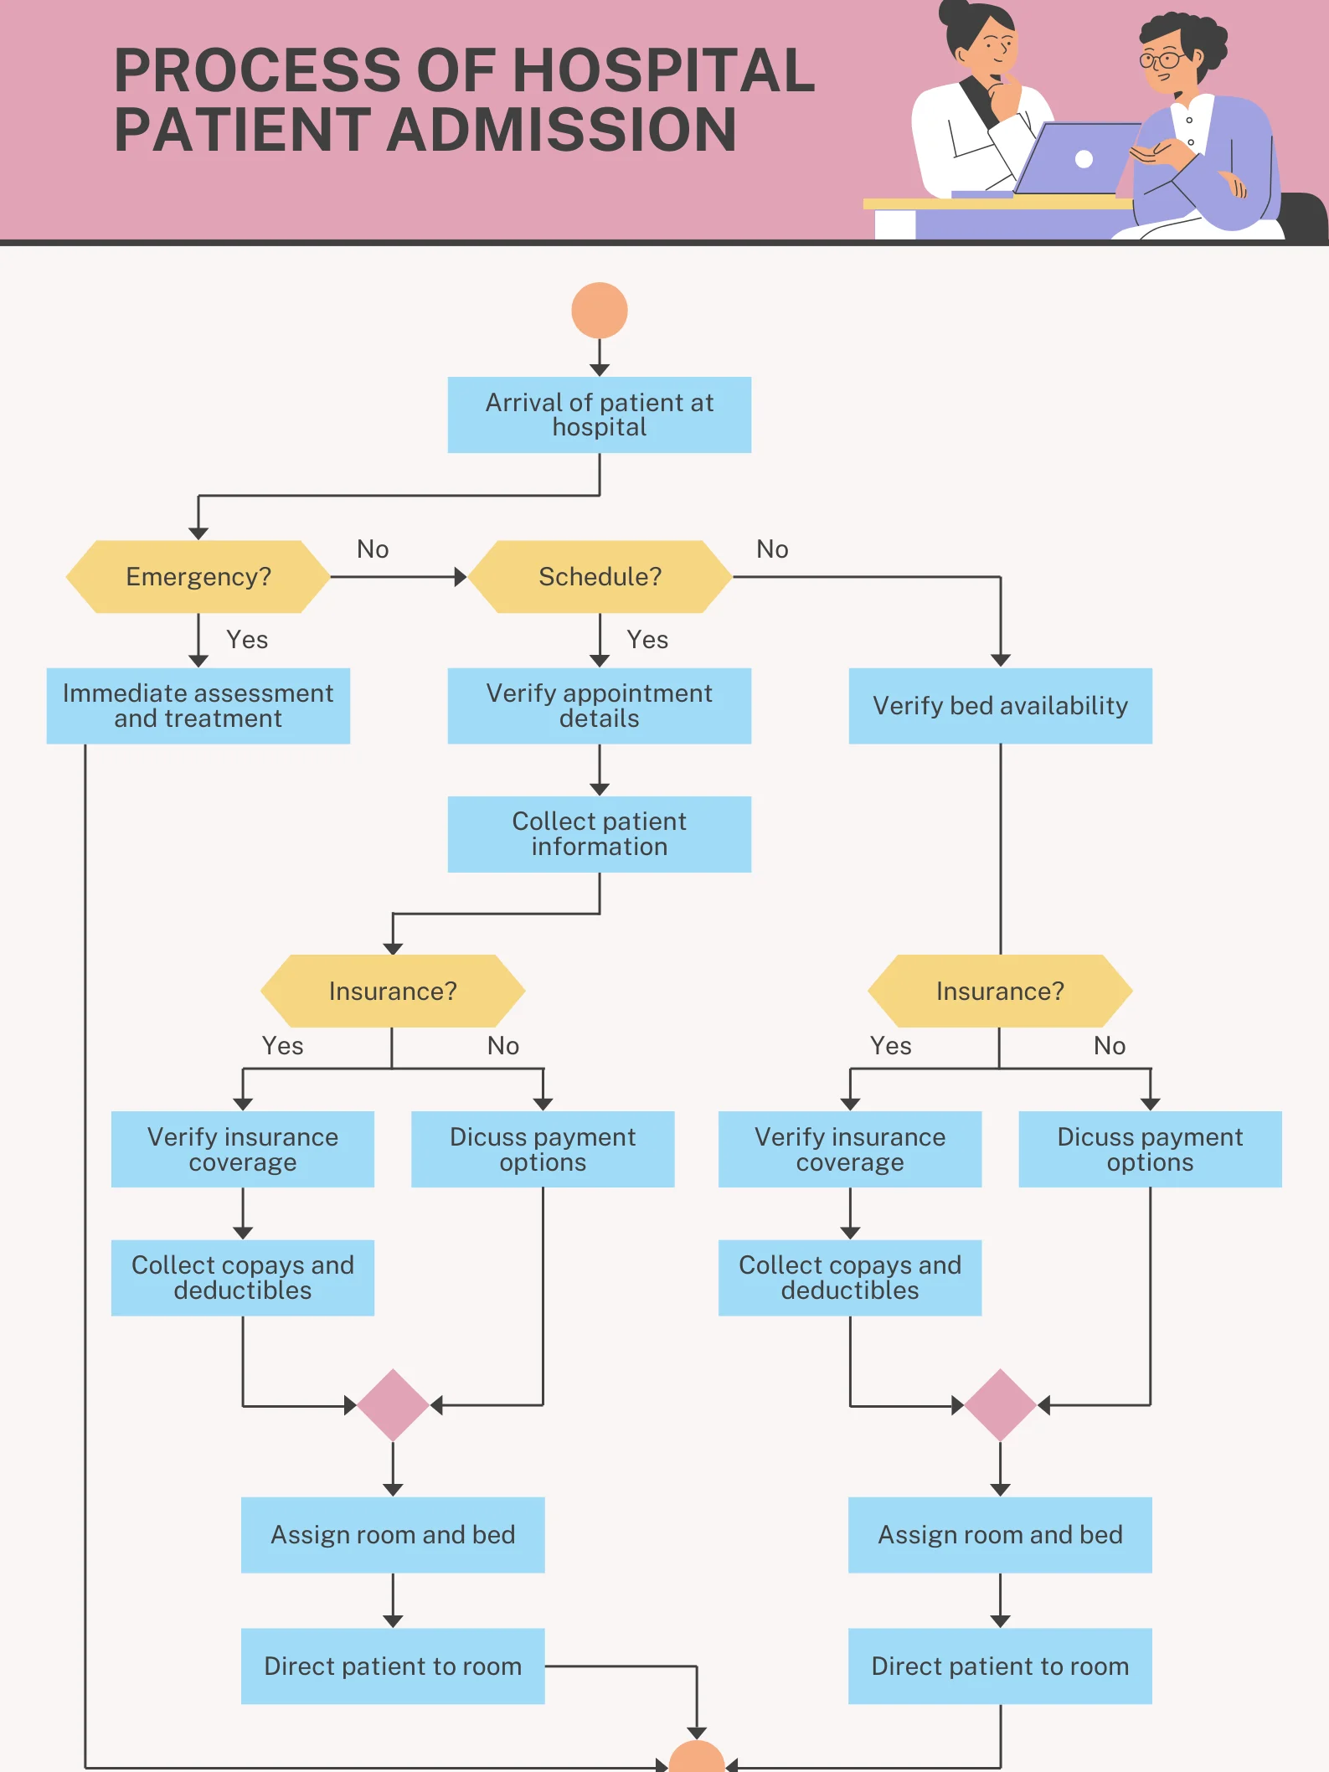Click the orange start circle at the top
599,311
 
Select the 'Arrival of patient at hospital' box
599,415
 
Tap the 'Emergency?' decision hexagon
198,577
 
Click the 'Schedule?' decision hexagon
599,577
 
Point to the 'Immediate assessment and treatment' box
198,706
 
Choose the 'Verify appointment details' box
599,706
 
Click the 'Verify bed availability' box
1000,706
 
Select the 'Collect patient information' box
599,834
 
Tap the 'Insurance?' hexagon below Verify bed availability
1000,992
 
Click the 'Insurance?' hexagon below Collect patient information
393,992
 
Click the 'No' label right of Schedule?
772,549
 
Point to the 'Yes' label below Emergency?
247,640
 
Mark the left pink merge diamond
393,1405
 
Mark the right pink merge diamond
1000,1405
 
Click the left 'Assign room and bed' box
393,1535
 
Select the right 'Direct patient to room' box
1000,1666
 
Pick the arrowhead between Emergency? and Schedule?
460,577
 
